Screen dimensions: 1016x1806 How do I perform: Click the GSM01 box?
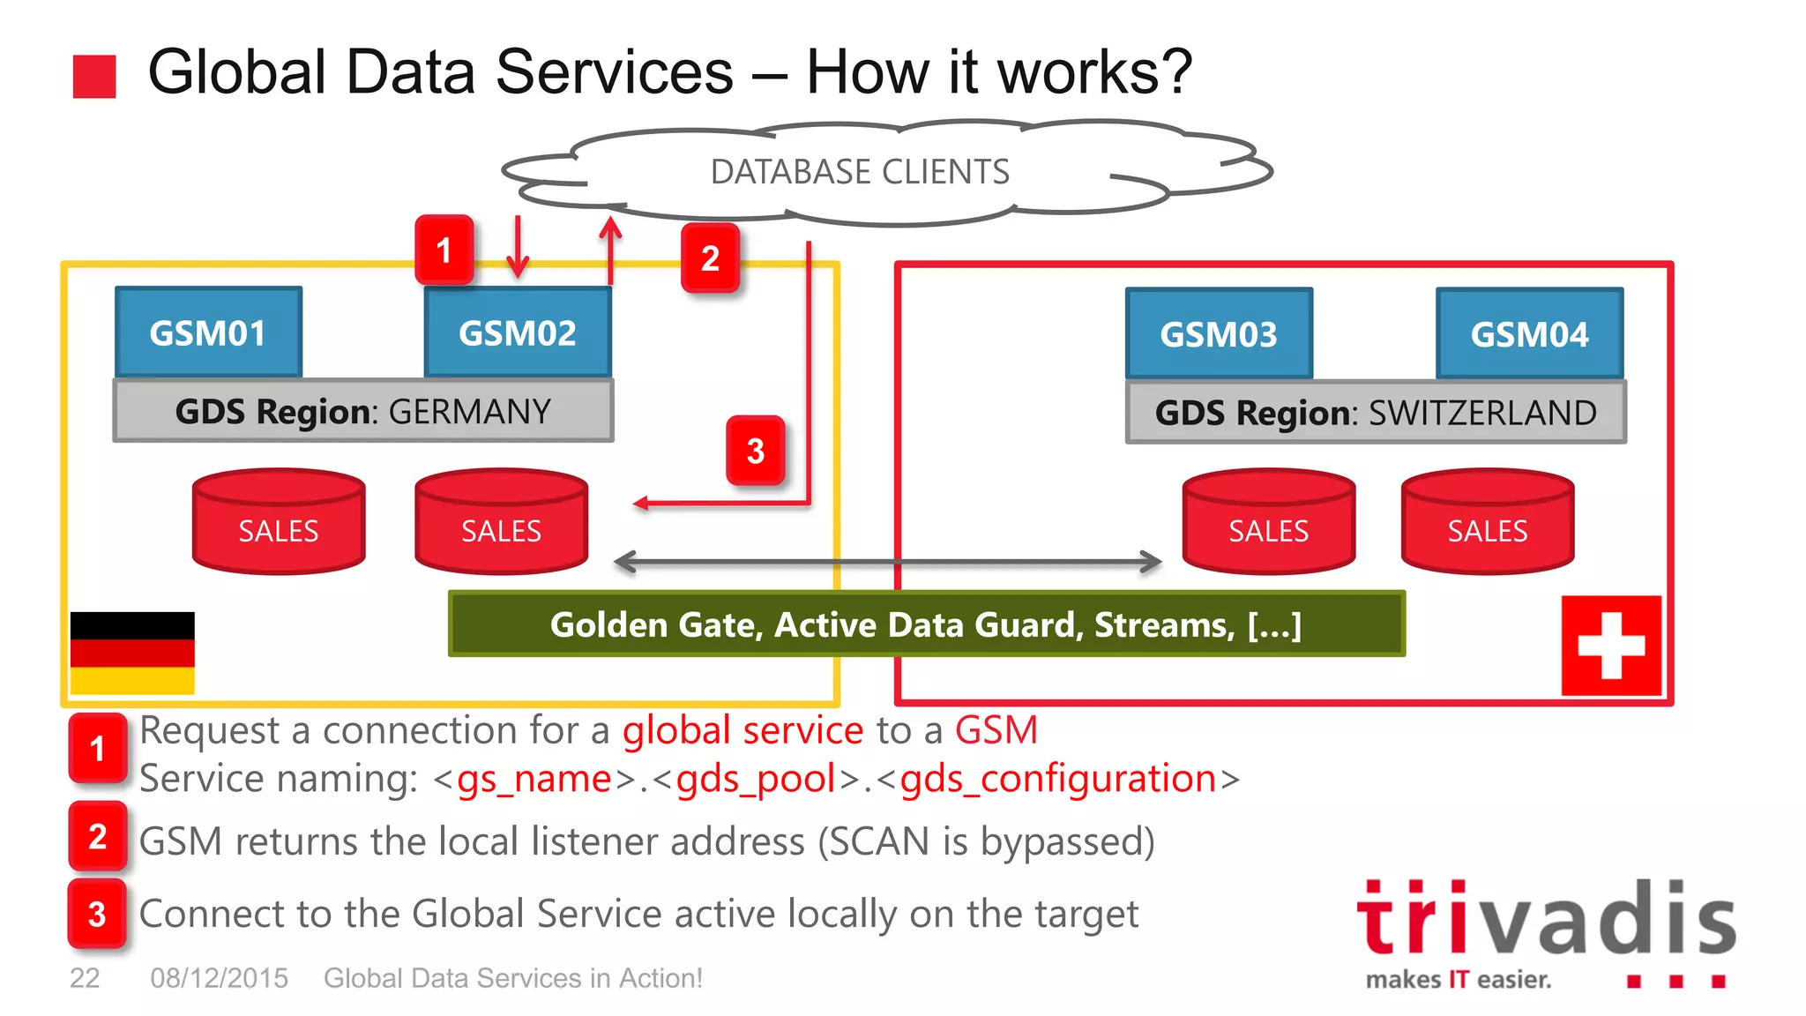click(208, 332)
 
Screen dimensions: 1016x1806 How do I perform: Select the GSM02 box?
click(518, 332)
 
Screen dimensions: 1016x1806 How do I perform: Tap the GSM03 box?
click(1219, 333)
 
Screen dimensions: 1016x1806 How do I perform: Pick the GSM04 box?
click(1529, 333)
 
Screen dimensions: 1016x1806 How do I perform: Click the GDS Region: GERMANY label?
click(363, 411)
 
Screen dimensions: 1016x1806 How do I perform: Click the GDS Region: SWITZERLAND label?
click(1376, 412)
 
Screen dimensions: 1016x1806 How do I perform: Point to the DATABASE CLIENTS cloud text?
click(860, 171)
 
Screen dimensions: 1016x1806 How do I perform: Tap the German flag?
click(132, 653)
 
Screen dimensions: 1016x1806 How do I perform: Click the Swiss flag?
click(1611, 646)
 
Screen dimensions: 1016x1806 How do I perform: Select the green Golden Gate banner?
click(926, 624)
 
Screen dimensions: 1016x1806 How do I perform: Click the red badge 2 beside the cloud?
click(710, 258)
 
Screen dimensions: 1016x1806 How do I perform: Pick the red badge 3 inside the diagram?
click(756, 451)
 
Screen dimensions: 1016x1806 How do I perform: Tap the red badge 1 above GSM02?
click(444, 250)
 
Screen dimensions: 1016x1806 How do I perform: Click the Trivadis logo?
click(1545, 930)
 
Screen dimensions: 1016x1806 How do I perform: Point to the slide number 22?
click(85, 978)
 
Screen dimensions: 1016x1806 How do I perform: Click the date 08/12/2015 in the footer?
click(219, 978)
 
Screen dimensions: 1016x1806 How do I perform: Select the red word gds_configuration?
click(1058, 779)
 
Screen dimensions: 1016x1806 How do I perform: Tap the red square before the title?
click(94, 76)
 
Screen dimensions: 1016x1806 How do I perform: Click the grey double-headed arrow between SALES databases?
click(887, 562)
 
